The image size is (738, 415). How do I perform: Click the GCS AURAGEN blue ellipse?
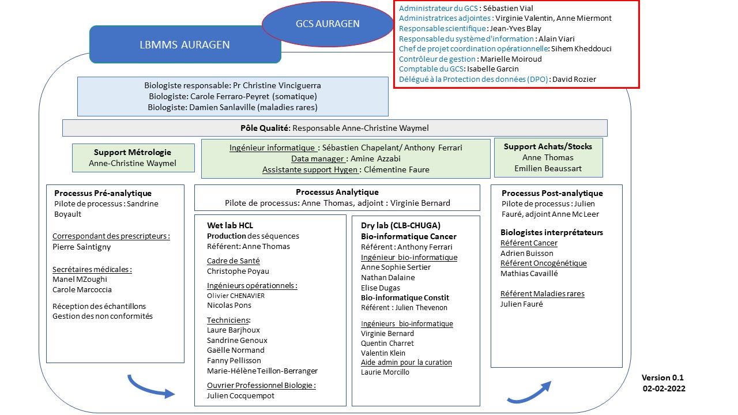(x=327, y=24)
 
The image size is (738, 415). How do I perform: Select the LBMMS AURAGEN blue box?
(x=185, y=44)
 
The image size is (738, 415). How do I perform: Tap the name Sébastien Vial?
(x=508, y=9)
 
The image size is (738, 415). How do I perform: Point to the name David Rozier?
(x=574, y=79)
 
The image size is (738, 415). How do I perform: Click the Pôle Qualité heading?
(x=263, y=128)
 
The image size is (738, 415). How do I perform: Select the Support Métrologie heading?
(x=133, y=152)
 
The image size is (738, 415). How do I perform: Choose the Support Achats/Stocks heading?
(x=548, y=146)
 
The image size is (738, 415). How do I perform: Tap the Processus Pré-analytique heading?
(x=103, y=193)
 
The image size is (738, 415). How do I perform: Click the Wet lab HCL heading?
(x=230, y=225)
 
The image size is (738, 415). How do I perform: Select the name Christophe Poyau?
(x=238, y=271)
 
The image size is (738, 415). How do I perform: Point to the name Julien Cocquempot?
(x=240, y=395)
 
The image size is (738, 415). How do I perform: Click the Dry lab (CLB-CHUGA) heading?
(x=400, y=225)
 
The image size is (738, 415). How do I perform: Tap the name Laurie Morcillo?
(x=385, y=372)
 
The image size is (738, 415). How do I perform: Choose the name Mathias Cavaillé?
(x=529, y=273)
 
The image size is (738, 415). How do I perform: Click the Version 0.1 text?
(x=662, y=378)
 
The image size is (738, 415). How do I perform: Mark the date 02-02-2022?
(x=664, y=388)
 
